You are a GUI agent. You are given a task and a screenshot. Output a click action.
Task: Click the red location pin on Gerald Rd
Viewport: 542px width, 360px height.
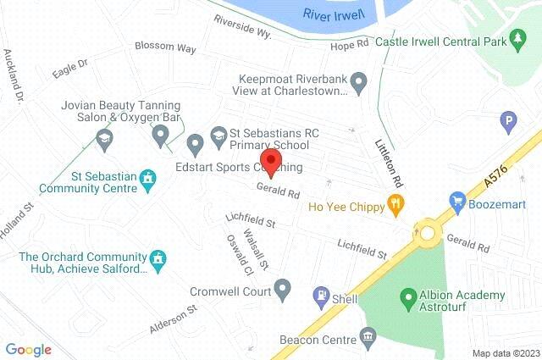pos(269,162)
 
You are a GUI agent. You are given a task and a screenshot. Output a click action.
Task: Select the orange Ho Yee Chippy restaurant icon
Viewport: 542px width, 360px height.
pos(394,204)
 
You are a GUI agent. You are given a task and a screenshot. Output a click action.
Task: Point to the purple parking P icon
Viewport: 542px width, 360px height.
pos(508,121)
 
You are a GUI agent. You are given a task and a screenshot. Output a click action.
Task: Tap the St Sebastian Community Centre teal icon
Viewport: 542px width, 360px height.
pos(150,180)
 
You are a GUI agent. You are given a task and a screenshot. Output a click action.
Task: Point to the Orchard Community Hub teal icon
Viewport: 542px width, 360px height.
pos(158,258)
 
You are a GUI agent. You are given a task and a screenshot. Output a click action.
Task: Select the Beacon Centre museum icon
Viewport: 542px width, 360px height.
pos(368,339)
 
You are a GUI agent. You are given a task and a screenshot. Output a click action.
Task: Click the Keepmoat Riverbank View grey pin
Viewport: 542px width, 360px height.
pos(358,82)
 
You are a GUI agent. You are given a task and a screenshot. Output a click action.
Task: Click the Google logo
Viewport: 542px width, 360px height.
pos(28,348)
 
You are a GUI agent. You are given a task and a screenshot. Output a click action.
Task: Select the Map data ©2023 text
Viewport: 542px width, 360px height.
pos(505,353)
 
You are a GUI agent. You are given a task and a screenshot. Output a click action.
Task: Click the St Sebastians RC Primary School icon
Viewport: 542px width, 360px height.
pos(218,135)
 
